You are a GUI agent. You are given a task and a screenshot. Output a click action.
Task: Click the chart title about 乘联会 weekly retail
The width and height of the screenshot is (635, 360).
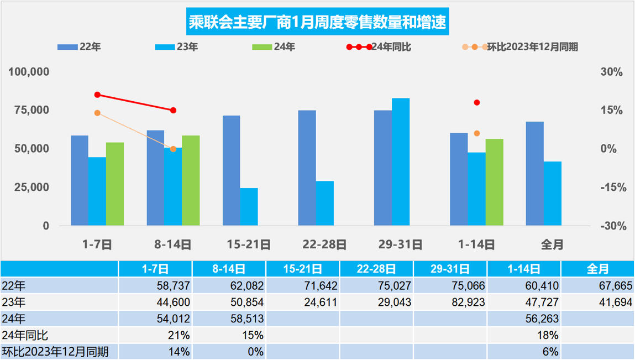point(317,23)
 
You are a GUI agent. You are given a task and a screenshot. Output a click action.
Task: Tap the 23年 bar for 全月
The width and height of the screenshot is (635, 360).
point(553,194)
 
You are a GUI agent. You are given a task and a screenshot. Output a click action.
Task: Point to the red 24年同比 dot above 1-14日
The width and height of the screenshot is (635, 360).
point(477,102)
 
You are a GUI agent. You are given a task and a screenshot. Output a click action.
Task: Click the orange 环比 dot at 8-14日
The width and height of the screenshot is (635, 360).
point(174,149)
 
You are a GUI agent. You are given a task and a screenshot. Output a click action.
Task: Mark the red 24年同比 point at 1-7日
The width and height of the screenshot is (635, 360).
point(97,95)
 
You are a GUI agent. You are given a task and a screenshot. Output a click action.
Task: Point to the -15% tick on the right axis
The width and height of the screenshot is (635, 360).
point(612,187)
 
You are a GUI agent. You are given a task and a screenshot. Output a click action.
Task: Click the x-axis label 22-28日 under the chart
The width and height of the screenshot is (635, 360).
point(325,244)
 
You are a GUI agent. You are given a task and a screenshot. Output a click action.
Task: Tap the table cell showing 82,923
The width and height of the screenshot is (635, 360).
point(451,302)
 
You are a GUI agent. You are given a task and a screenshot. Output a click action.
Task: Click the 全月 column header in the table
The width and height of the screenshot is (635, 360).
point(597,269)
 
